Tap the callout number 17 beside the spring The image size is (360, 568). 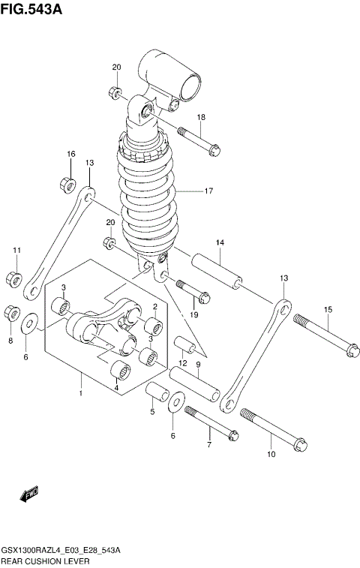(x=208, y=191)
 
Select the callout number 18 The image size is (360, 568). (x=201, y=117)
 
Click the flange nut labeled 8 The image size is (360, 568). (x=13, y=311)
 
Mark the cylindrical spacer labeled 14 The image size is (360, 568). (x=217, y=272)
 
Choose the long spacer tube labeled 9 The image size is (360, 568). (x=194, y=383)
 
